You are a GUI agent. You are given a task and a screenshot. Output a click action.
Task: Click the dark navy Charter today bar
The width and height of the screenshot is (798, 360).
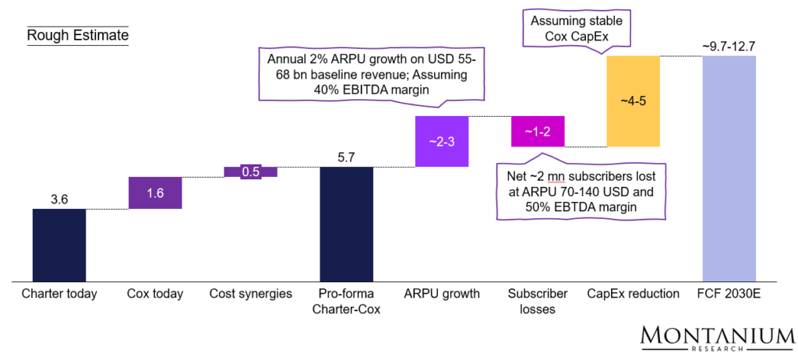59,245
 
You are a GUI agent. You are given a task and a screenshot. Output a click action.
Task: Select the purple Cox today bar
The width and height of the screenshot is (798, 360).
155,192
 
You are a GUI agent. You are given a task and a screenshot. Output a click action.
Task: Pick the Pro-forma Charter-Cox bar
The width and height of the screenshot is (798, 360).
347,224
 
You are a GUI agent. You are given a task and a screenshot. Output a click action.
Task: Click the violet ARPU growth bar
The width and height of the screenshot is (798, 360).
442,142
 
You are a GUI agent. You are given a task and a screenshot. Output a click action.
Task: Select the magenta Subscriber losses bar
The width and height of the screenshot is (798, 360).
538,132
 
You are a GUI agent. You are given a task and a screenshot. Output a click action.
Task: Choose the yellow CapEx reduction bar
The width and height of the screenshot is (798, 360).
633,101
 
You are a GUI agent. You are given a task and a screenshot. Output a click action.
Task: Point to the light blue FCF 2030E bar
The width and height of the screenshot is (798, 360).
729,168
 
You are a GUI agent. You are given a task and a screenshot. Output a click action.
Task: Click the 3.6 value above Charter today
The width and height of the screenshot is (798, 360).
59,199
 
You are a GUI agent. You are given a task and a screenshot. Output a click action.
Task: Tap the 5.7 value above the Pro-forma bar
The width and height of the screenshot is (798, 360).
347,157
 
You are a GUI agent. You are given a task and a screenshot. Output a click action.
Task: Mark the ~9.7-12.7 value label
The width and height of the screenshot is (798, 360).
729,48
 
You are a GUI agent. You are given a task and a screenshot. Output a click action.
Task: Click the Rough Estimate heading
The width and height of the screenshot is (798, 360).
77,35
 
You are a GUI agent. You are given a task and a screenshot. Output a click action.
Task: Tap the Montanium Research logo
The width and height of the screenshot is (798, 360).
717,338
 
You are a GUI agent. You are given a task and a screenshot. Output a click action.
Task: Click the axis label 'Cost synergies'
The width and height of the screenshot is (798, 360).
250,294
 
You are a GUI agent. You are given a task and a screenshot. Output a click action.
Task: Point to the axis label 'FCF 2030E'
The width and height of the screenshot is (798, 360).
729,294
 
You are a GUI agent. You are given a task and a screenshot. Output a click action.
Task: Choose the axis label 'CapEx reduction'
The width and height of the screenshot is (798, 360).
633,294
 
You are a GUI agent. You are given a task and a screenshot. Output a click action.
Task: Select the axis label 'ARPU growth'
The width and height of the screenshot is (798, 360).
442,294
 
